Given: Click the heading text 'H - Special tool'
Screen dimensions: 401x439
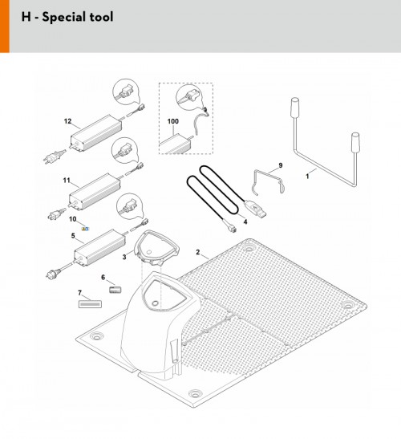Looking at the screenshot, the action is (x=67, y=17).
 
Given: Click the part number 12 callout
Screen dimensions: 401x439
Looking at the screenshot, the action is (x=67, y=121).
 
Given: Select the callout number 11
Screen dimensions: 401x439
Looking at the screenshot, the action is (x=67, y=181).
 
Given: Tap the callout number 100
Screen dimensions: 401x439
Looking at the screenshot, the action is (x=173, y=121).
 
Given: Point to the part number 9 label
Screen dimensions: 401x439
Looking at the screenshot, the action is (x=281, y=165).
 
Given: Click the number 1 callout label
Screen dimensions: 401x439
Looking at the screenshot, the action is (x=307, y=177).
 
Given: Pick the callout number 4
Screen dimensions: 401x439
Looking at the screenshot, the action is (x=245, y=222).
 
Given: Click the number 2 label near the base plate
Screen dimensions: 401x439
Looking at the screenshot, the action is (x=198, y=252).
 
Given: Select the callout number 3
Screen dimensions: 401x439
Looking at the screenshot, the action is (x=124, y=257).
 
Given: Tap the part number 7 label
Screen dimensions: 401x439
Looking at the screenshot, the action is (x=79, y=293).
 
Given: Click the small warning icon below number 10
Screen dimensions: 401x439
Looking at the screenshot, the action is (x=85, y=229).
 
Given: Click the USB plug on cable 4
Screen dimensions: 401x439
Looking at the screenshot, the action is (x=255, y=209).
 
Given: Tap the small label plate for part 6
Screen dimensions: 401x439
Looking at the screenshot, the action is (x=115, y=290).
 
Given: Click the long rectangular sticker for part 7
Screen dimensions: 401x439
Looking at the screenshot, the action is (x=90, y=304).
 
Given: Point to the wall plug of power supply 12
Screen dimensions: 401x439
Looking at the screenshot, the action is (x=54, y=156).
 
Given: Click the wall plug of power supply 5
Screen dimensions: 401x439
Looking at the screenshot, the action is (x=53, y=273).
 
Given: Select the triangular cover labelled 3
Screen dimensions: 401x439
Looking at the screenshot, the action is (x=156, y=247).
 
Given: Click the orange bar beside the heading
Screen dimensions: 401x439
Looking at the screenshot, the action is (x=5, y=26).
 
